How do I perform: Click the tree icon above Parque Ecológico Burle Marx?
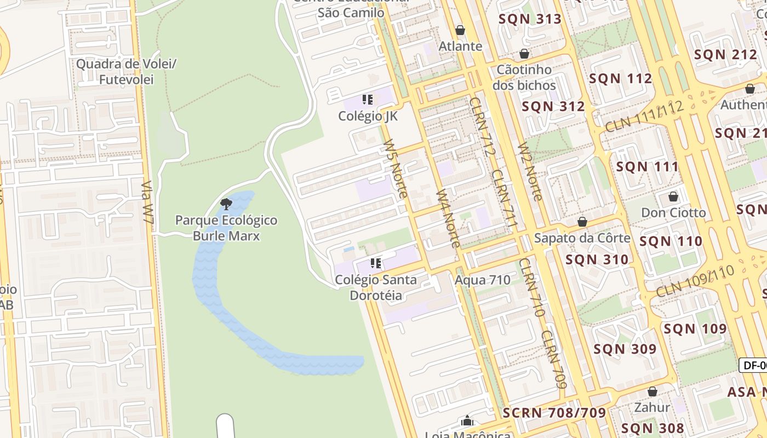pyautogui.click(x=226, y=205)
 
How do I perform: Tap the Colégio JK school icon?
pyautogui.click(x=368, y=100)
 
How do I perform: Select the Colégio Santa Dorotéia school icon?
pyautogui.click(x=375, y=263)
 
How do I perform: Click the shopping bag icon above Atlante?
pyautogui.click(x=460, y=30)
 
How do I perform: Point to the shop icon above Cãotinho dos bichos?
pyautogui.click(x=524, y=54)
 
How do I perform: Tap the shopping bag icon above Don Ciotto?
pyautogui.click(x=673, y=197)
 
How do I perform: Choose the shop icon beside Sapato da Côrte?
pyautogui.click(x=582, y=222)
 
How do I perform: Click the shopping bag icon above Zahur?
pyautogui.click(x=652, y=391)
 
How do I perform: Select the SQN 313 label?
pyautogui.click(x=530, y=19)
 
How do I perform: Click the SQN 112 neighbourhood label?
pyautogui.click(x=621, y=79)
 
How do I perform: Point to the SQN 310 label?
pyautogui.click(x=597, y=260)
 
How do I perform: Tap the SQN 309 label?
pyautogui.click(x=625, y=349)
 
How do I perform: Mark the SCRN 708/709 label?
pyautogui.click(x=554, y=413)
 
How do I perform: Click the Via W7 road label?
pyautogui.click(x=147, y=202)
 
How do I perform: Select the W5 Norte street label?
pyautogui.click(x=396, y=168)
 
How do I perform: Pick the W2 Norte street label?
pyautogui.click(x=530, y=171)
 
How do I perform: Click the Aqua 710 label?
pyautogui.click(x=483, y=280)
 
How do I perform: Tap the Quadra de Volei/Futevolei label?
pyautogui.click(x=126, y=72)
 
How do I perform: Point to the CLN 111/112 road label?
pyautogui.click(x=645, y=117)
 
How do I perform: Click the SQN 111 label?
pyautogui.click(x=648, y=166)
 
